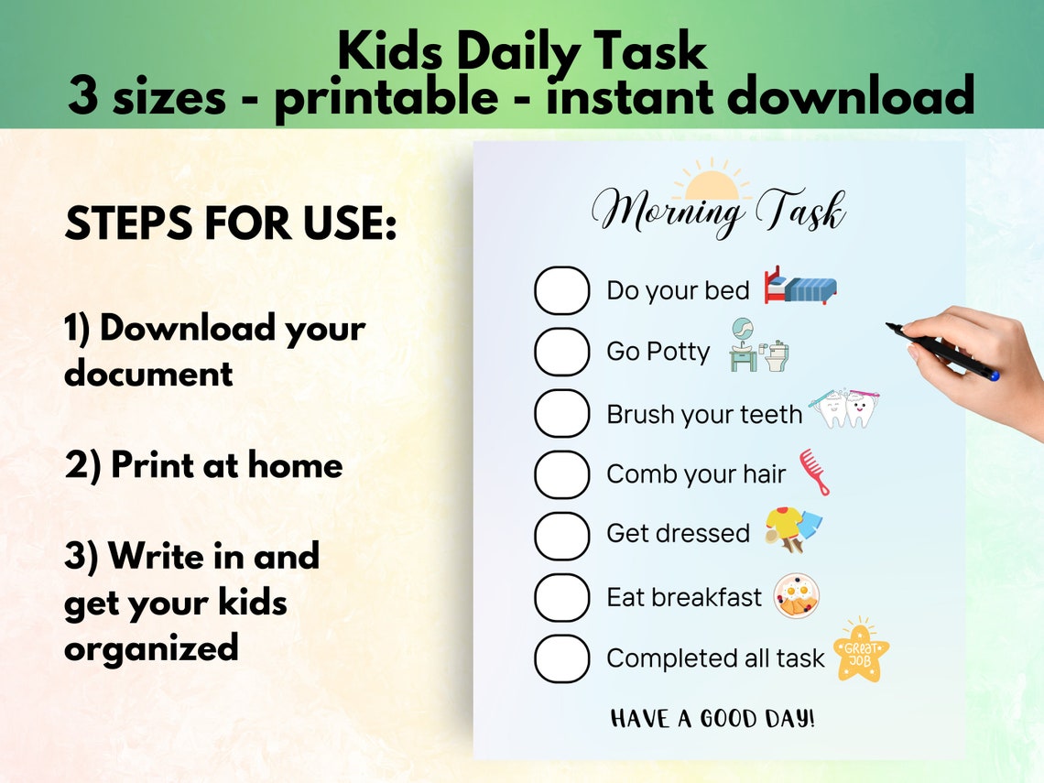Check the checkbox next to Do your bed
pyautogui.click(x=561, y=291)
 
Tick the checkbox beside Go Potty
pyautogui.click(x=561, y=352)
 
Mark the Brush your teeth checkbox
pyautogui.click(x=561, y=413)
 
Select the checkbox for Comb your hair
pyautogui.click(x=561, y=474)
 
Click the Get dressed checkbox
pyautogui.click(x=561, y=536)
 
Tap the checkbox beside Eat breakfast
pyautogui.click(x=561, y=597)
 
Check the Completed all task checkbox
pyautogui.click(x=561, y=658)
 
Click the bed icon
pyautogui.click(x=800, y=286)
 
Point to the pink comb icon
pyautogui.click(x=814, y=472)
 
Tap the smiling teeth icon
pyautogui.click(x=846, y=408)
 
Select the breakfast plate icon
pyautogui.click(x=796, y=596)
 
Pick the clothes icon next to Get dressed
pyautogui.click(x=792, y=529)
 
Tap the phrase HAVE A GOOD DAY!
pyautogui.click(x=712, y=719)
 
